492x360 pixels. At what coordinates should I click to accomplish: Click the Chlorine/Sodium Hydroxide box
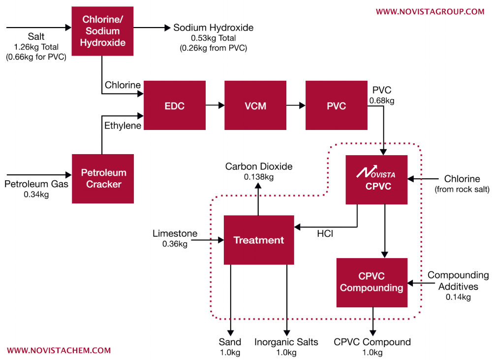(x=102, y=31)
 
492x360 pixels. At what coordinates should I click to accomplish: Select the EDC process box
(x=174, y=105)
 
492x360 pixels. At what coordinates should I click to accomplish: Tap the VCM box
(x=255, y=105)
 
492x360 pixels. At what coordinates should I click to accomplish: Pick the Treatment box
(x=259, y=240)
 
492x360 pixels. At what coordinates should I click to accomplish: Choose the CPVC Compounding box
(x=371, y=282)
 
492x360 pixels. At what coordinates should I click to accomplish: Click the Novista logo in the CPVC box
(x=376, y=173)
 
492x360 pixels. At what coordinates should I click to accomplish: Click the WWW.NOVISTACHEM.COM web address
(x=59, y=351)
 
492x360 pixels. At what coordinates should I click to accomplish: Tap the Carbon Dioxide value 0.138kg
(x=259, y=176)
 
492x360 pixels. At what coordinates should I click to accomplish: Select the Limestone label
(x=175, y=233)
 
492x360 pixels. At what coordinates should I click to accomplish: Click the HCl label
(x=325, y=234)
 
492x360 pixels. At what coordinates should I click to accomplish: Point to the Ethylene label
(x=123, y=126)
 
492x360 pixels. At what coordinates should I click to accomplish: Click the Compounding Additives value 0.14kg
(x=458, y=297)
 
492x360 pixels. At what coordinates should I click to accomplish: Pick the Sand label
(x=230, y=342)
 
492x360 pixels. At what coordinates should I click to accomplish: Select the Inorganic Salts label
(x=286, y=342)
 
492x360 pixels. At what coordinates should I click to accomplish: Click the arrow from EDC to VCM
(x=215, y=105)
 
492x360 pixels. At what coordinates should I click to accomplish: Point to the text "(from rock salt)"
(x=461, y=189)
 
